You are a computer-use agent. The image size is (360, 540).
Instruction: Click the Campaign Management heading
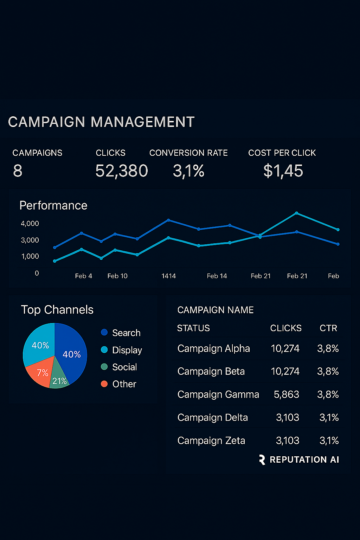tap(101, 122)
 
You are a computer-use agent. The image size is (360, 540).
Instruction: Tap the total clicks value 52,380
tap(122, 171)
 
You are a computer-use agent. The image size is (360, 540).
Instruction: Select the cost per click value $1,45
tap(283, 171)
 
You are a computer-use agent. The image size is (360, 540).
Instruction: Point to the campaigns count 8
tap(18, 171)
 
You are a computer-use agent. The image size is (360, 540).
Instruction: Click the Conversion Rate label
tap(188, 153)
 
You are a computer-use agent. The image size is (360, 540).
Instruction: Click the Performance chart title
tap(53, 205)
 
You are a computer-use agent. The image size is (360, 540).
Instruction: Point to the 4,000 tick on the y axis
tap(30, 224)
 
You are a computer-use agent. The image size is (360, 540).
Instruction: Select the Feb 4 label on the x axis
tap(83, 276)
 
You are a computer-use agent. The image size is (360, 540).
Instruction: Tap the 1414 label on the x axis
tap(168, 276)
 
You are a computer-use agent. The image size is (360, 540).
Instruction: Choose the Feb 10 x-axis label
tap(117, 276)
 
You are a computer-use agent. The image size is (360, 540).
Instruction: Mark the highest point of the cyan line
tap(297, 213)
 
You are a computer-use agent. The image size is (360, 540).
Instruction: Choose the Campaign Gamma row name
tap(218, 394)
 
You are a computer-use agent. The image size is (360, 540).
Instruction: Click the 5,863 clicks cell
tap(286, 394)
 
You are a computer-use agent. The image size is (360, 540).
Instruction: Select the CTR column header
tap(328, 328)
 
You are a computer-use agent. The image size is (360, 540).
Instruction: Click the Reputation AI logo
tap(299, 459)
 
